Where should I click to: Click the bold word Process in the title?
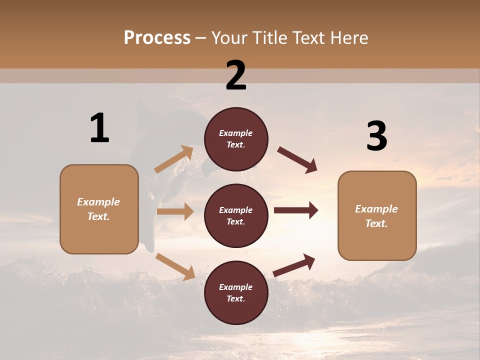[157, 38]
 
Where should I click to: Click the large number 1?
[99, 128]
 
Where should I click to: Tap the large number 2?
[236, 75]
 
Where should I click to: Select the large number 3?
[376, 136]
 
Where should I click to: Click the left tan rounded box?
[99, 209]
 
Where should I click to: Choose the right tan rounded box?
[377, 215]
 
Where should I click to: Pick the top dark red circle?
[236, 139]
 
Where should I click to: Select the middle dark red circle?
[236, 215]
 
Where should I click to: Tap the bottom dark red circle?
[236, 292]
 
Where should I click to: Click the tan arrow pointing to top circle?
[174, 159]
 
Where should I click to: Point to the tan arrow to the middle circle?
[175, 211]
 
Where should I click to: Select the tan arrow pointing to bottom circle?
[175, 266]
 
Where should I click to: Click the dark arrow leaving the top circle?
[297, 160]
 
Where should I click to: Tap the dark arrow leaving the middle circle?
[296, 210]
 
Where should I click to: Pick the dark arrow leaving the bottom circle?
[294, 265]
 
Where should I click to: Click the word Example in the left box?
[98, 202]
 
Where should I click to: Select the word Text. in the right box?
[376, 223]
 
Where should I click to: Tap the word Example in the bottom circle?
[236, 287]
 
